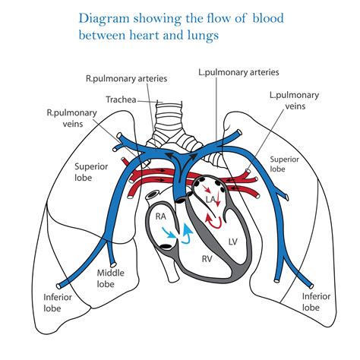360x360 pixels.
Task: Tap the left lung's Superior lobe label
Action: tap(280, 165)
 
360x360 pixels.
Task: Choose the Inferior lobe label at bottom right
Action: tap(316, 302)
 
